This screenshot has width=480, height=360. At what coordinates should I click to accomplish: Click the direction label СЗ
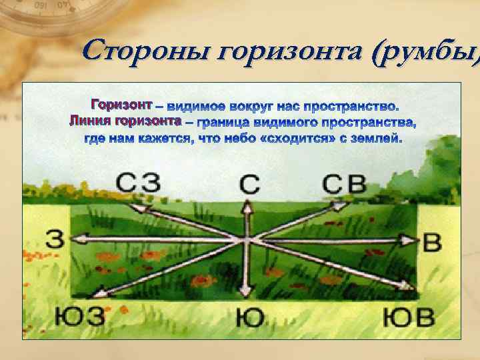(x=137, y=183)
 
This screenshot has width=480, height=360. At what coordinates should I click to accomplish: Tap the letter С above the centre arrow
(x=248, y=183)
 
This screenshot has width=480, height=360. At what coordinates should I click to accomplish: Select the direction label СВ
(x=346, y=183)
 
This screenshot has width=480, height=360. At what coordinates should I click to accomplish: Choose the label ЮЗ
(x=79, y=315)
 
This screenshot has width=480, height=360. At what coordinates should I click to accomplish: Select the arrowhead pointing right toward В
(x=407, y=239)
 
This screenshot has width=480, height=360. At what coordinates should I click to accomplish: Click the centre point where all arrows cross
(x=247, y=239)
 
